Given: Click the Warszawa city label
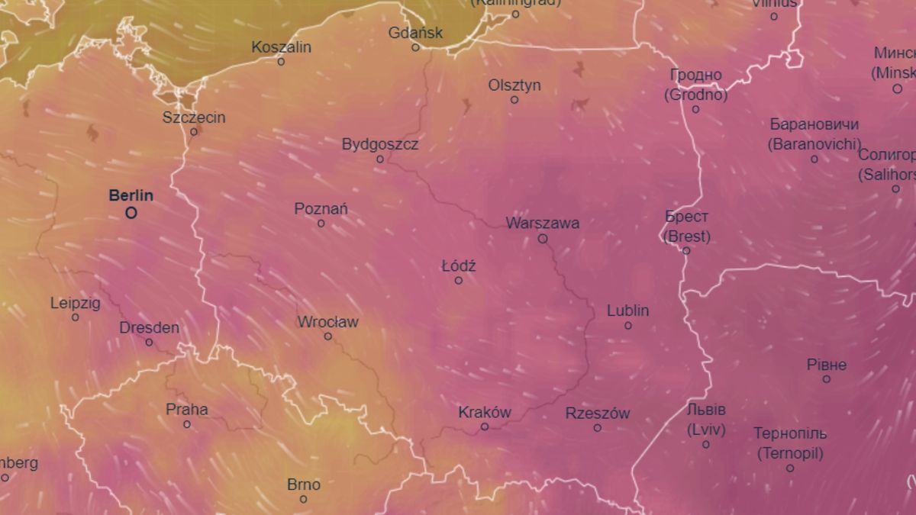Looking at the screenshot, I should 542,224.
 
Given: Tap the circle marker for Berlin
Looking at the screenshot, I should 131,213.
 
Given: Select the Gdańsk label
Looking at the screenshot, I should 415,33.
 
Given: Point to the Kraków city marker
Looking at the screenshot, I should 484,427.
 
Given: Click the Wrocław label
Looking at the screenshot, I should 327,322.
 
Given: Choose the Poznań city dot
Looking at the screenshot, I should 321,224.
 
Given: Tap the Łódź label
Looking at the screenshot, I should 459,266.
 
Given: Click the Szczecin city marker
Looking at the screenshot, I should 194,131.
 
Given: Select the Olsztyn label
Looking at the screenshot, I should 514,85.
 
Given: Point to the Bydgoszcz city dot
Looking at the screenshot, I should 380,159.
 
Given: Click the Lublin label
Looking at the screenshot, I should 627,311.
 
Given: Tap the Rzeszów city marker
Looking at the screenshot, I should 597,428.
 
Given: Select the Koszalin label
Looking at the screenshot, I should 281,47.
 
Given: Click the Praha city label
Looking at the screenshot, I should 186,410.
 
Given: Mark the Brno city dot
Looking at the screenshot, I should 303,499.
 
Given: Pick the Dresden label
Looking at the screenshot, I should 149,328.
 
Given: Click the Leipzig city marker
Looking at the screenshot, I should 75,317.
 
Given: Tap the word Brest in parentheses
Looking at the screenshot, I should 686,237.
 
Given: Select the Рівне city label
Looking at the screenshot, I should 827,365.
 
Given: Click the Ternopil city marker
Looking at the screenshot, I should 790,468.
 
